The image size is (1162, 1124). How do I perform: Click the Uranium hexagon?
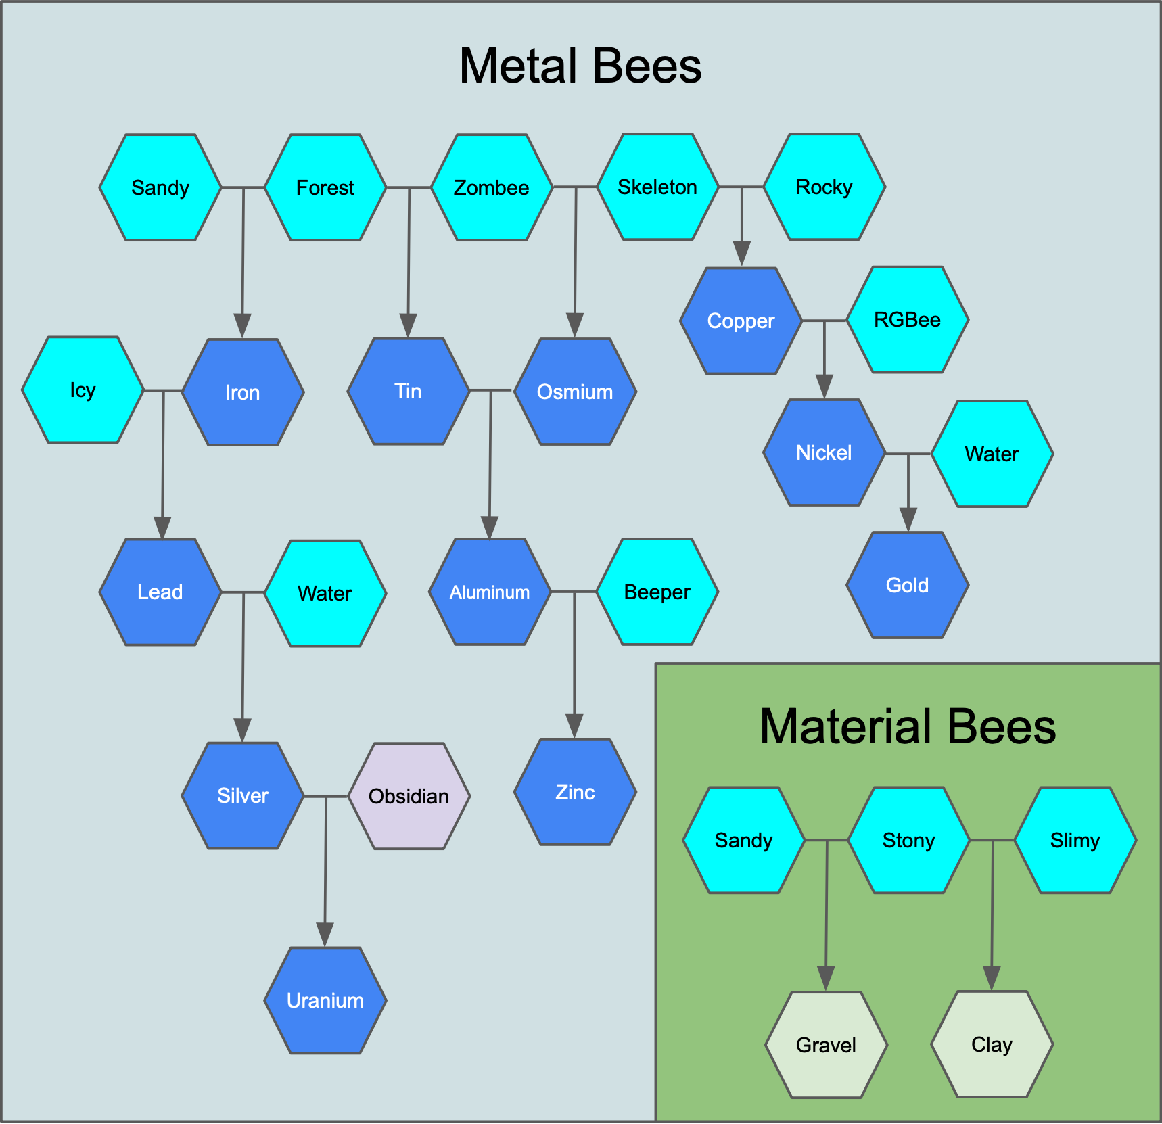pyautogui.click(x=325, y=1000)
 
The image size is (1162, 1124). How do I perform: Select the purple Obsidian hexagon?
pyautogui.click(x=409, y=796)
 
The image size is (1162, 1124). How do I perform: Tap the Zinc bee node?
pyautogui.click(x=575, y=792)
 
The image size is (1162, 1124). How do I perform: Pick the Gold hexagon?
pyautogui.click(x=907, y=585)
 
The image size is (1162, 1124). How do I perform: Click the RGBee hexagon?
pyautogui.click(x=907, y=319)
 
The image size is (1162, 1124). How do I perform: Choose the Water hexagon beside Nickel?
pyautogui.click(x=992, y=454)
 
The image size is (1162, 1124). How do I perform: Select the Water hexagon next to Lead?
pyautogui.click(x=325, y=593)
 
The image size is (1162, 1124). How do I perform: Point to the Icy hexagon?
pyautogui.click(x=83, y=390)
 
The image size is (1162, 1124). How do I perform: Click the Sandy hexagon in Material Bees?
pyautogui.click(x=743, y=840)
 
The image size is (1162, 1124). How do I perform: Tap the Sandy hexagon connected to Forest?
pyautogui.click(x=160, y=187)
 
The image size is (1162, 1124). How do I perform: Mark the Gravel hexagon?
pyautogui.click(x=826, y=1045)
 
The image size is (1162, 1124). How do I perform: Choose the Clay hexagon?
pyautogui.click(x=992, y=1044)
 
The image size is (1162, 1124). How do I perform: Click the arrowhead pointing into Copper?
pyautogui.click(x=742, y=254)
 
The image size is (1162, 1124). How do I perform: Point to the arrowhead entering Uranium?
pyautogui.click(x=325, y=934)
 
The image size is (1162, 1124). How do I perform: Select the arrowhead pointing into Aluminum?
pyautogui.click(x=490, y=527)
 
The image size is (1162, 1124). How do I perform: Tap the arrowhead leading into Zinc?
pyautogui.click(x=575, y=726)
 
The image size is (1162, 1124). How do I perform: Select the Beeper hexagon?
pyautogui.click(x=657, y=592)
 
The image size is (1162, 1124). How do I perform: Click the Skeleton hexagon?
pyautogui.click(x=657, y=187)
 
